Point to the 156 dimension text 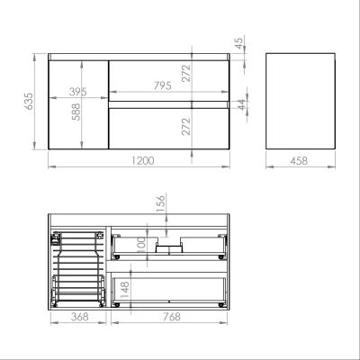(160, 206)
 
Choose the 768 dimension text (164, 318)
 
